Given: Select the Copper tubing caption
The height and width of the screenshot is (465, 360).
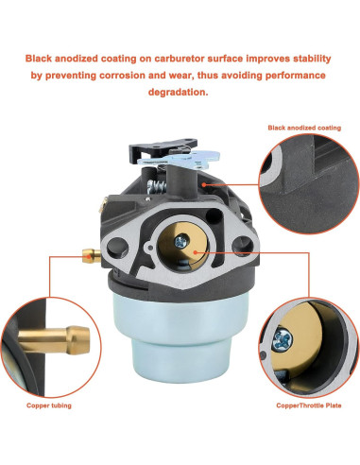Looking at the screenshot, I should click(x=49, y=404).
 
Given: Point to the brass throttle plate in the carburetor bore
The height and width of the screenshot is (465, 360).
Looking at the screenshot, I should click(x=188, y=250).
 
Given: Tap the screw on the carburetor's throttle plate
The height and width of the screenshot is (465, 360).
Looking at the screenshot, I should click(x=193, y=253).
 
